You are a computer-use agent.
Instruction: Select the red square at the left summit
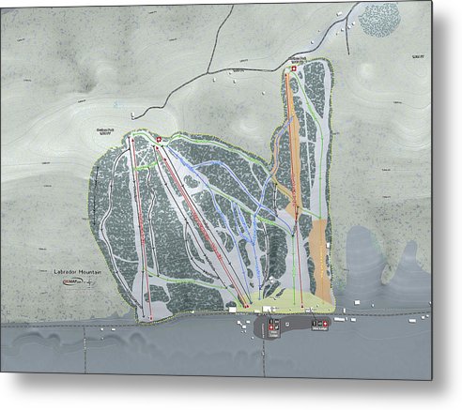point(159,141)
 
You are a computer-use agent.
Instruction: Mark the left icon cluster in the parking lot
point(274,326)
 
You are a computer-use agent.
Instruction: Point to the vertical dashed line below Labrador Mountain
point(85,347)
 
